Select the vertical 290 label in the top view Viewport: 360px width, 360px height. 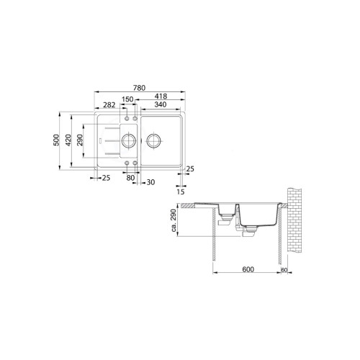pyautogui.click(x=81, y=140)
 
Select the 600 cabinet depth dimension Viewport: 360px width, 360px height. pyautogui.click(x=248, y=269)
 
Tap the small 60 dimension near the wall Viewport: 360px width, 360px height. pyautogui.click(x=284, y=269)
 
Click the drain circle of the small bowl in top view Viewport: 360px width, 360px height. pyautogui.click(x=128, y=139)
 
